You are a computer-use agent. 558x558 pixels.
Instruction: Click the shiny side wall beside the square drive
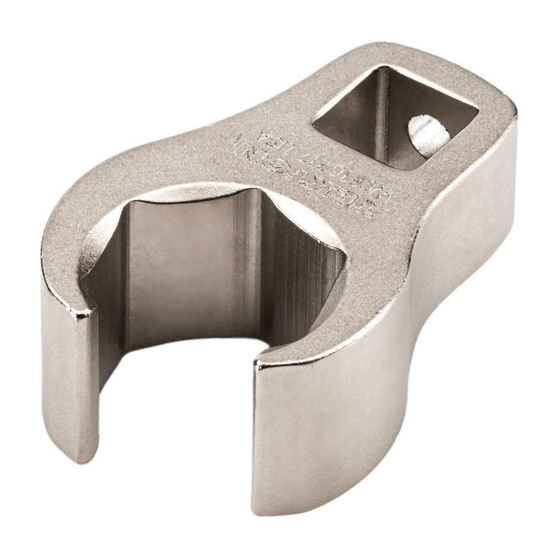(491, 184)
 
